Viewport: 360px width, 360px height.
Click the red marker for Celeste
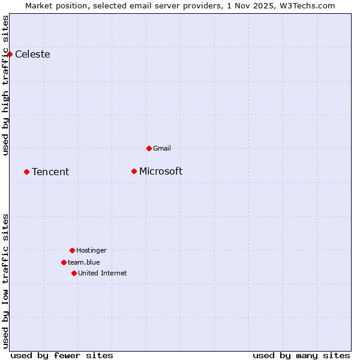pos(10,54)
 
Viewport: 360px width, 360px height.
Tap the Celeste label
pos(32,55)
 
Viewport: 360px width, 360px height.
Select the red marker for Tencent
pos(26,172)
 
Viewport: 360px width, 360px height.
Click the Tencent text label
pos(50,172)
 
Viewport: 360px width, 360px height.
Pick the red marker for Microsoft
pos(134,171)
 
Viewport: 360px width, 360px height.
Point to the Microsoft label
pos(161,172)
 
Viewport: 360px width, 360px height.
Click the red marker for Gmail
pos(149,148)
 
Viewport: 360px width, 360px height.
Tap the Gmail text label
pos(162,148)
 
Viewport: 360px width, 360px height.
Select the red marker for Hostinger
pos(72,250)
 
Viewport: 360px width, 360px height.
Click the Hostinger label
pos(91,250)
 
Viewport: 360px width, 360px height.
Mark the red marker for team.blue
pos(64,262)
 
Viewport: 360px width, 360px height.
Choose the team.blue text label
pos(84,262)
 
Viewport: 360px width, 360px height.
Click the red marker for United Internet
pos(74,273)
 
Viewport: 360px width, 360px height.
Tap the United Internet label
pos(103,273)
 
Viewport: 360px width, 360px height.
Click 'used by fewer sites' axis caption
pos(62,355)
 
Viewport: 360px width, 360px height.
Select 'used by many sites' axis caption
pos(301,355)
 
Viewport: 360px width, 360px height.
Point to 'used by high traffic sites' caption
pos(6,85)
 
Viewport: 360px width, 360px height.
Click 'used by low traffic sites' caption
pos(6,281)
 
